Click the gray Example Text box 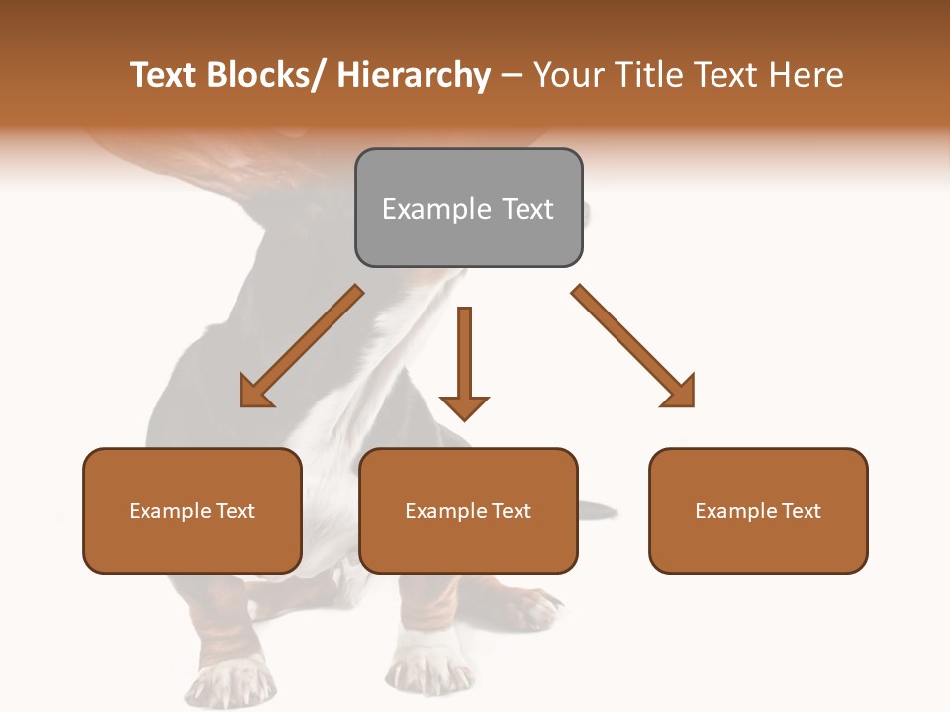point(468,208)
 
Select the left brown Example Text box point(192,510)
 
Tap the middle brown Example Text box point(468,510)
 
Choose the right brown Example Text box point(758,510)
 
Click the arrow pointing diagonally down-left point(302,346)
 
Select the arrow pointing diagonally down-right point(633,346)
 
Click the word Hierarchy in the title point(414,75)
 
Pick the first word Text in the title point(163,75)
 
